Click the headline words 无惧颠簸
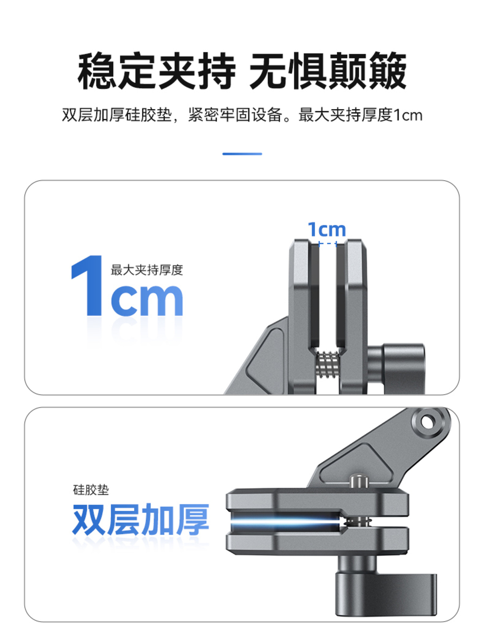[x=328, y=71]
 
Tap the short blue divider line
[x=242, y=154]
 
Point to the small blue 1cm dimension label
[x=327, y=229]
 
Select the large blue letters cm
[x=147, y=299]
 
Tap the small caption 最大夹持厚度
[x=147, y=270]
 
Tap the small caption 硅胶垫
[x=91, y=490]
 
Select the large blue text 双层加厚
[x=140, y=519]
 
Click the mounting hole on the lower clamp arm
[x=427, y=422]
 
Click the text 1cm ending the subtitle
[x=408, y=115]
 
